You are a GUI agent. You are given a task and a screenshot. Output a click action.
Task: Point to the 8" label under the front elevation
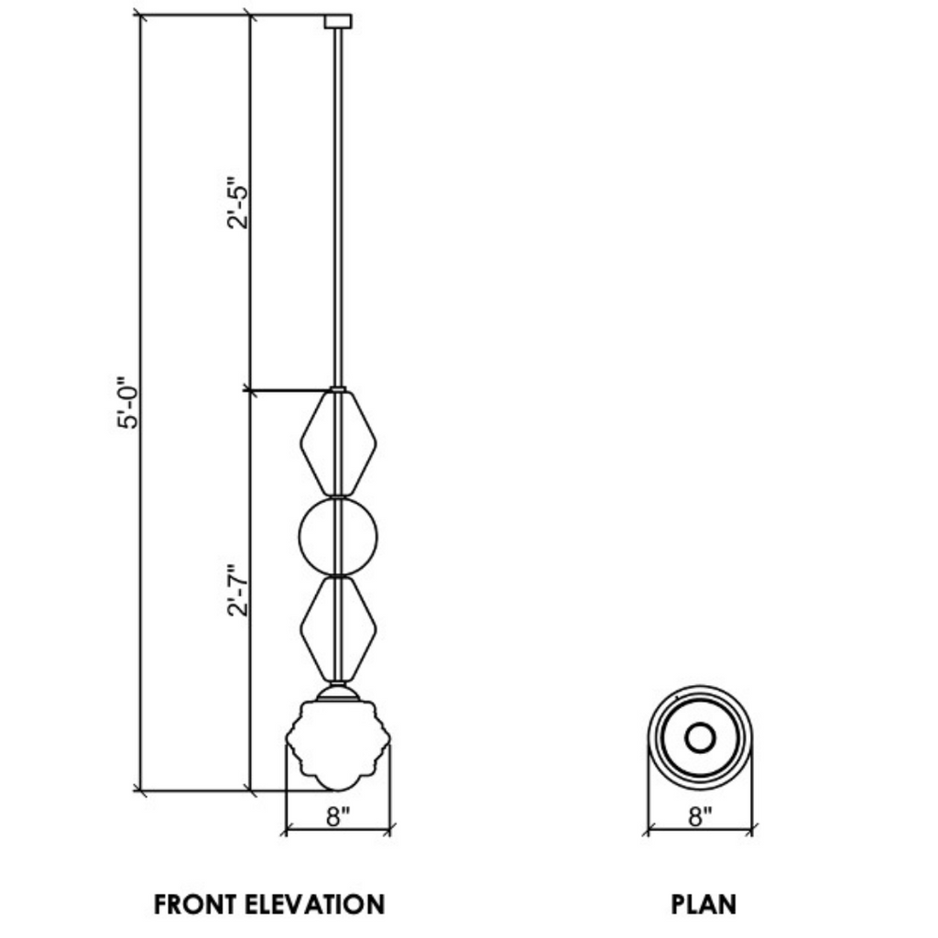[338, 816]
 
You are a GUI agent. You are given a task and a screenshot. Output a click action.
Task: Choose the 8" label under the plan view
[701, 816]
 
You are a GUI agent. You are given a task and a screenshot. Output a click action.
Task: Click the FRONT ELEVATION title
[269, 905]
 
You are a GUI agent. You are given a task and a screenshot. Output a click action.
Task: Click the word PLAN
[703, 905]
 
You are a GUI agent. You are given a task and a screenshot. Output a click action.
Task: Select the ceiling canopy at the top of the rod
[339, 21]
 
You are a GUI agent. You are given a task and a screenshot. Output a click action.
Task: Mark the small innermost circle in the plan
[701, 737]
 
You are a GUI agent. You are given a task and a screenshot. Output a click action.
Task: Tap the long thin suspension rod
[340, 202]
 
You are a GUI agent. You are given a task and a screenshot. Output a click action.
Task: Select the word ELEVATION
[315, 905]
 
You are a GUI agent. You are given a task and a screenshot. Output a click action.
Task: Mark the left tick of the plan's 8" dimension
[649, 830]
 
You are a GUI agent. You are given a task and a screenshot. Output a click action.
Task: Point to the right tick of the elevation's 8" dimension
[390, 830]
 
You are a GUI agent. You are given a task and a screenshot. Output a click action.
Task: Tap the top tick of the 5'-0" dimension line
[140, 16]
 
